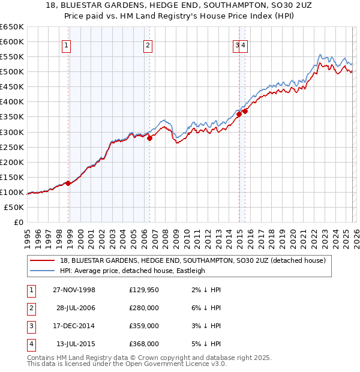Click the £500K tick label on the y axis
point(12,72)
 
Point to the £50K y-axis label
point(14,207)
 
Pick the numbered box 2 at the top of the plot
point(147,44)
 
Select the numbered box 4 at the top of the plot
point(244,44)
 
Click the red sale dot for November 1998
point(68,183)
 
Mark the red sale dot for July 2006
point(149,138)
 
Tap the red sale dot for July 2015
point(245,111)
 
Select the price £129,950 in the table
point(144,290)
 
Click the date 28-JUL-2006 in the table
point(76,308)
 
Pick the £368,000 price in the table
point(144,344)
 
